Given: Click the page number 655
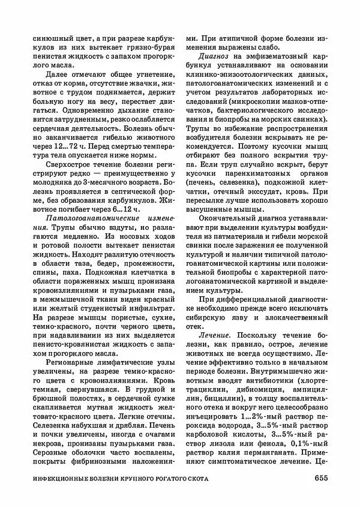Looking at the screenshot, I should pos(318,477).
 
